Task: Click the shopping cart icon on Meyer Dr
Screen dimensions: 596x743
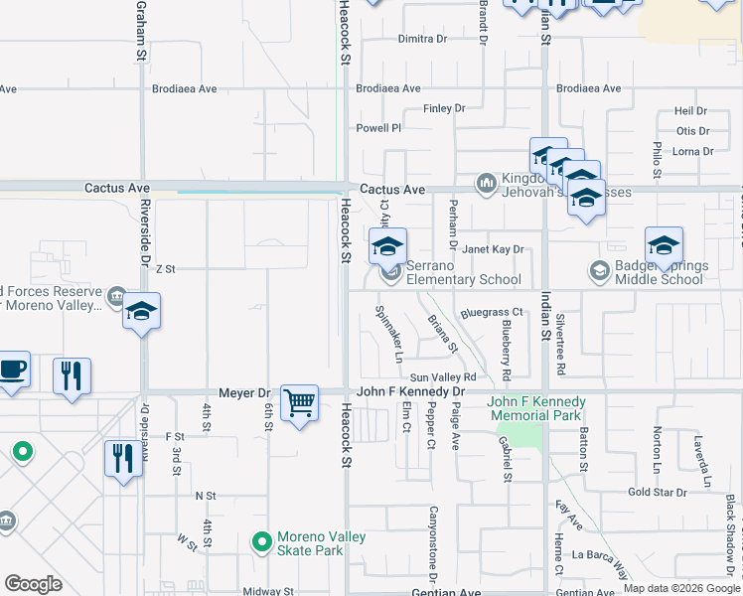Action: pos(299,403)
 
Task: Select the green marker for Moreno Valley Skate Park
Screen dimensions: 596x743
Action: pos(261,542)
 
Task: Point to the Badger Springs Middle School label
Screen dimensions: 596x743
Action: pos(672,273)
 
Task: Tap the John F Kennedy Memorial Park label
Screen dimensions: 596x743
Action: pos(536,407)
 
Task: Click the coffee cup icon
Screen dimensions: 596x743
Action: pos(12,369)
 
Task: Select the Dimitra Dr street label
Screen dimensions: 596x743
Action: pos(422,39)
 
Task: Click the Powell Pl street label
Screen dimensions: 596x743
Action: pos(378,128)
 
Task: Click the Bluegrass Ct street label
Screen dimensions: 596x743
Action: pos(491,313)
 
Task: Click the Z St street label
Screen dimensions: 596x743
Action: pos(164,269)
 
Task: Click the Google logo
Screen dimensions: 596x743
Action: pos(33,584)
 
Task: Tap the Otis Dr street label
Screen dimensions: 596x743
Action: pos(692,131)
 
